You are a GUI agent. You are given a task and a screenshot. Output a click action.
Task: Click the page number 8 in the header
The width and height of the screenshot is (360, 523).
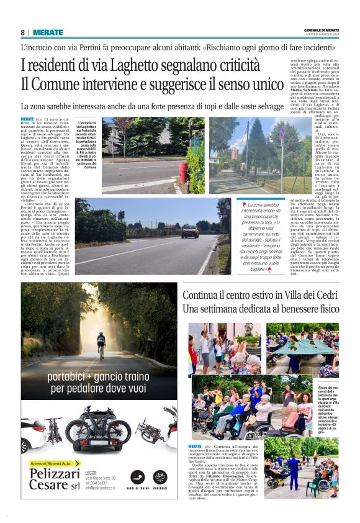pos(23,32)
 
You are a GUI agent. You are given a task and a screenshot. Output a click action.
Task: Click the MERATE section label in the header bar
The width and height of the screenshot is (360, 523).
pos(47,32)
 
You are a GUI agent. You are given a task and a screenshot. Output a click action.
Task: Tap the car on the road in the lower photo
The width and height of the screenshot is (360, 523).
pos(190,231)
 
